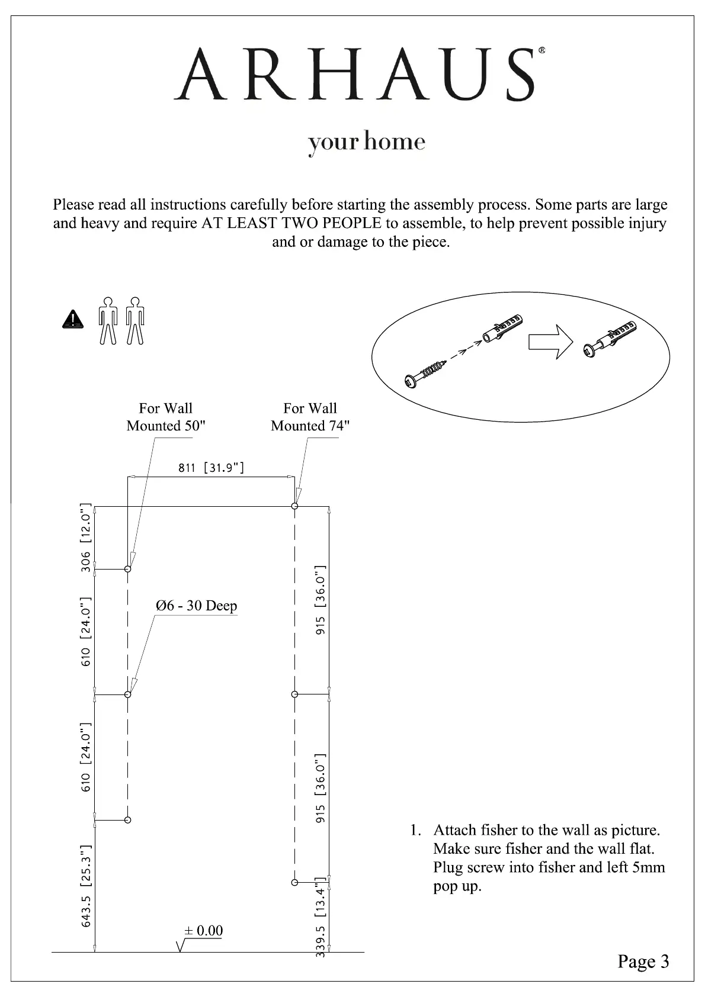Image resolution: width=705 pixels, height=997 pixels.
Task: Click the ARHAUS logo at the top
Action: (359, 75)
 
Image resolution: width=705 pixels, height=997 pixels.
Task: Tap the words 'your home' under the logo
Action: (367, 142)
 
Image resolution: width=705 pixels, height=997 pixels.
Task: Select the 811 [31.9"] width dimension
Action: (211, 468)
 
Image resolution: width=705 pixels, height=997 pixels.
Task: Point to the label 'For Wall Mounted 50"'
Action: (166, 417)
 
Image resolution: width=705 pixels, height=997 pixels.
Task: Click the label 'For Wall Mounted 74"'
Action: (310, 417)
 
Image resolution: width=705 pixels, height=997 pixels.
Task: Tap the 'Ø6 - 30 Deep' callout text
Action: (196, 606)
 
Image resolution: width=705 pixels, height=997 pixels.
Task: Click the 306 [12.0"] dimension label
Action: (86, 537)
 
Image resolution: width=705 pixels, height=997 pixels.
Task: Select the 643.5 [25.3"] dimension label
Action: (86, 886)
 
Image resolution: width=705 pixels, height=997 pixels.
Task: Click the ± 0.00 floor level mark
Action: (203, 931)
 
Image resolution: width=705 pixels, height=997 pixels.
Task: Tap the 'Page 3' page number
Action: (643, 961)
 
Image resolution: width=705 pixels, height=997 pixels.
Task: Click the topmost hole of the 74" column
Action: (294, 506)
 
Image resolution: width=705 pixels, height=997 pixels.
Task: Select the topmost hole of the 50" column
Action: (127, 569)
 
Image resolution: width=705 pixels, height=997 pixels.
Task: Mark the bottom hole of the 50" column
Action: (127, 820)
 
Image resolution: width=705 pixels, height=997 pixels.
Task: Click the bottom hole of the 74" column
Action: (294, 882)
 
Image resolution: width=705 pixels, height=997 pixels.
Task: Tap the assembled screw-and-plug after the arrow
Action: (610, 340)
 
